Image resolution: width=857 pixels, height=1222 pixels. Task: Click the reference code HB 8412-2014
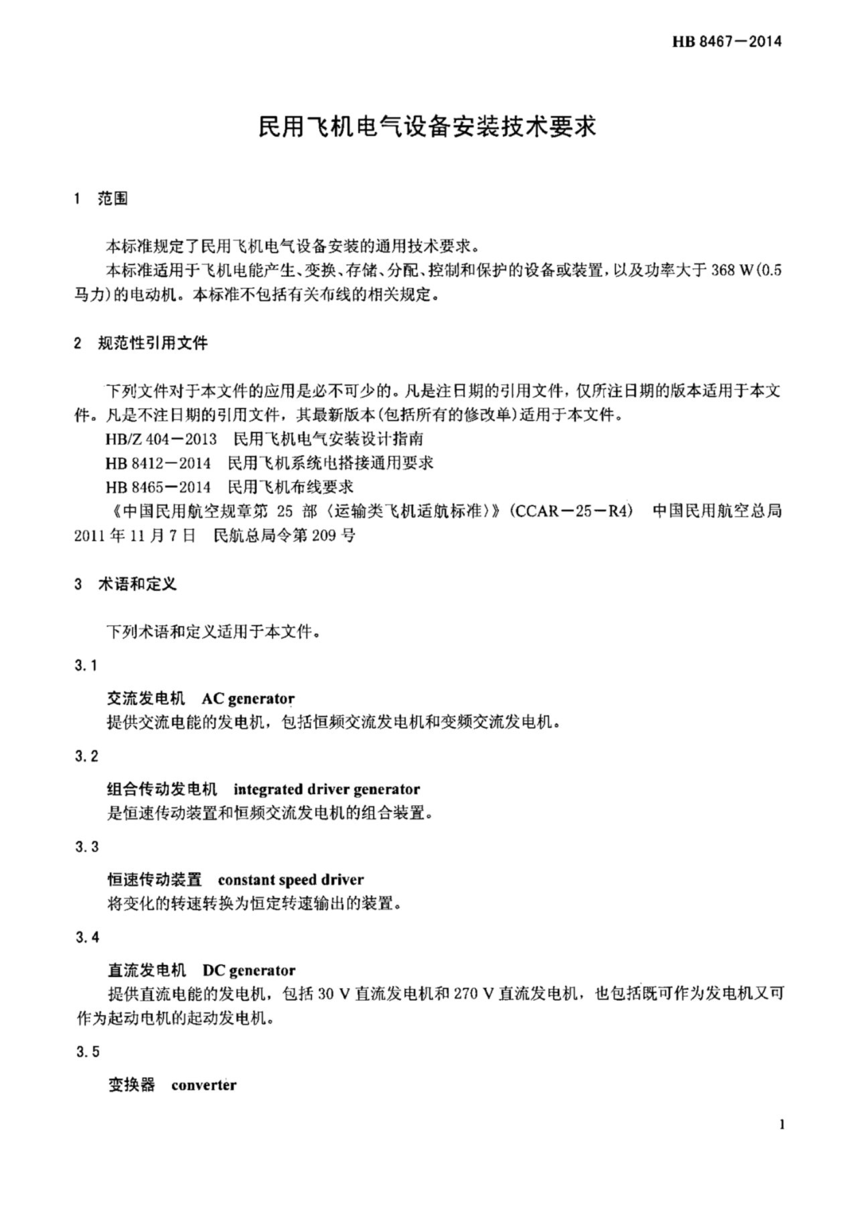158,462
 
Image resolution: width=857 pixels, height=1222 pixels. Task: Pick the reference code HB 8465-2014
158,487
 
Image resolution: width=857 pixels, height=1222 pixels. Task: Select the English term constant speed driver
291,880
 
